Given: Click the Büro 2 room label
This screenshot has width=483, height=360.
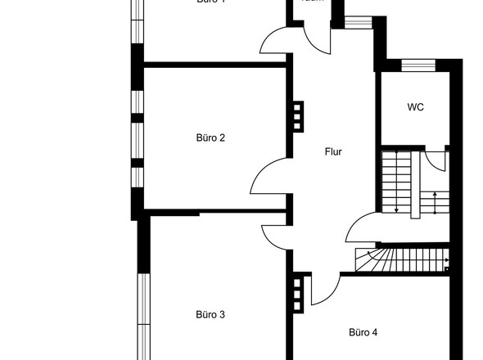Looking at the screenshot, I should pos(210,137).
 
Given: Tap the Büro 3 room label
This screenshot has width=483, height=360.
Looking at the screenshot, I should pos(210,314).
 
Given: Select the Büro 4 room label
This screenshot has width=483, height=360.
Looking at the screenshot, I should pos(363,332).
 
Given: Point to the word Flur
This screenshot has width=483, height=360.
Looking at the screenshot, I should pos(332,151).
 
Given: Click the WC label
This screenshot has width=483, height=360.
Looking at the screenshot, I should pos(415,107).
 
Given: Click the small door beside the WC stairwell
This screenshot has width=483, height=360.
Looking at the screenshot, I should pos(437,160).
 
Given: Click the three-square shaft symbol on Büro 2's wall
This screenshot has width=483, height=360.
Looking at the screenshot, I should pos(297,114).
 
